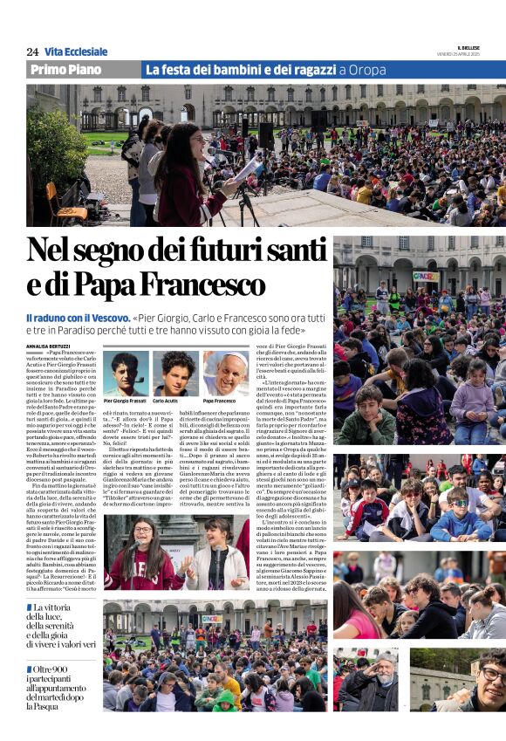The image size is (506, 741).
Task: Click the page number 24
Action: (32, 51)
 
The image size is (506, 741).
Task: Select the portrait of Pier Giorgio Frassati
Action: (125, 373)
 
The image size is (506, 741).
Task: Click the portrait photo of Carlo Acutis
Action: (174, 373)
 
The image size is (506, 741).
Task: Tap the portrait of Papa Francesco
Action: (224, 373)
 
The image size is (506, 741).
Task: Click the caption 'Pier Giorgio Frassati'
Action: (125, 401)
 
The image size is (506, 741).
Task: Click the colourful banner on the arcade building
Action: (426, 276)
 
